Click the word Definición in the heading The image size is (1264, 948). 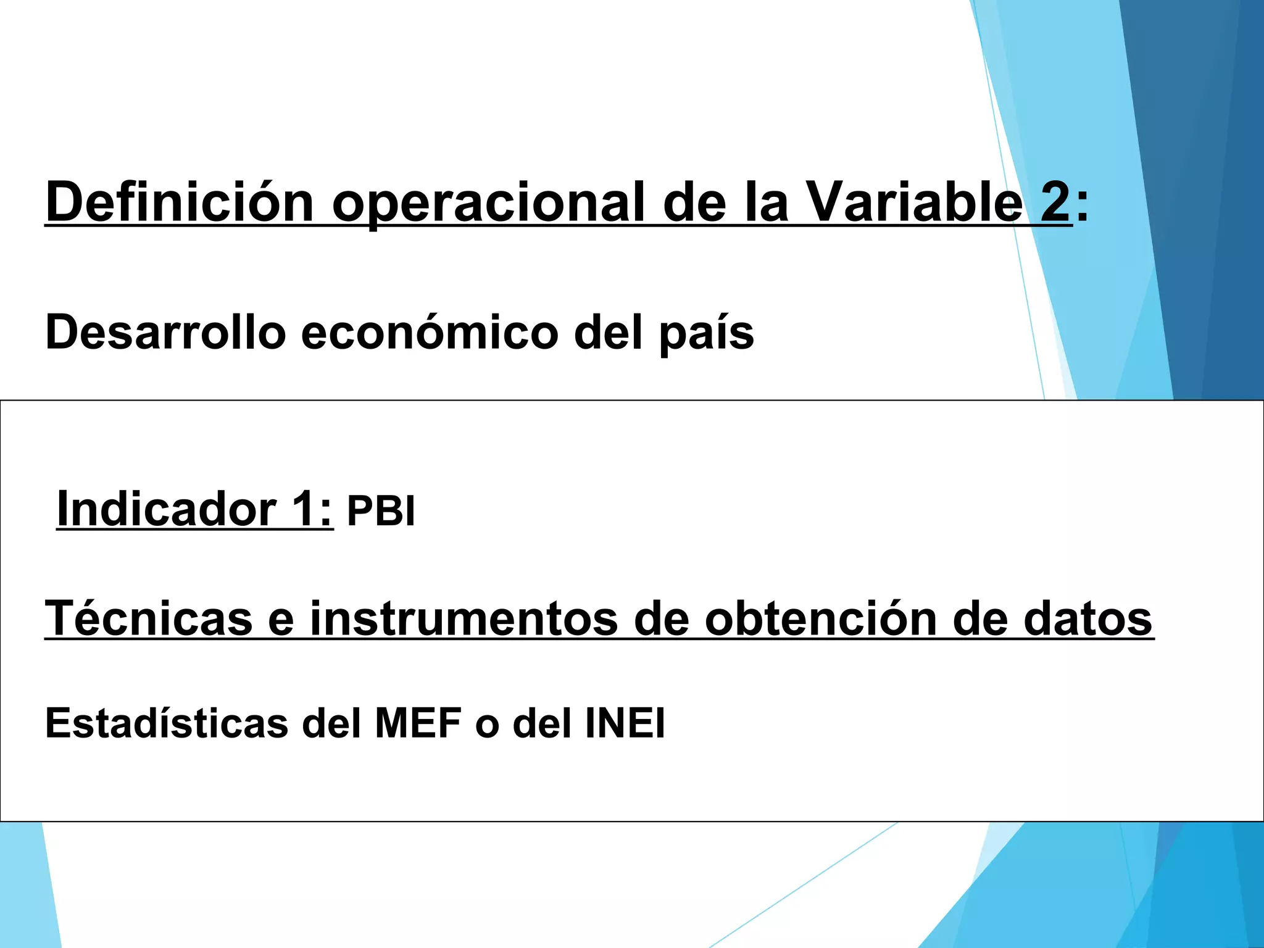(x=180, y=202)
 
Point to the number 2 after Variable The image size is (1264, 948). (x=1055, y=202)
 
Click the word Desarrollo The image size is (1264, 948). (x=165, y=332)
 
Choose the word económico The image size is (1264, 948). (x=430, y=332)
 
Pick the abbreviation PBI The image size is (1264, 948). (x=381, y=512)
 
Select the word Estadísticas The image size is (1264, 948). (x=167, y=723)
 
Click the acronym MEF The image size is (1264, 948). (x=418, y=723)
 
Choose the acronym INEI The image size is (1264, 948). (x=625, y=723)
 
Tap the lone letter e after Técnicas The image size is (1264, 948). (x=281, y=619)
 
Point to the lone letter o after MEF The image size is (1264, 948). (x=487, y=724)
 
